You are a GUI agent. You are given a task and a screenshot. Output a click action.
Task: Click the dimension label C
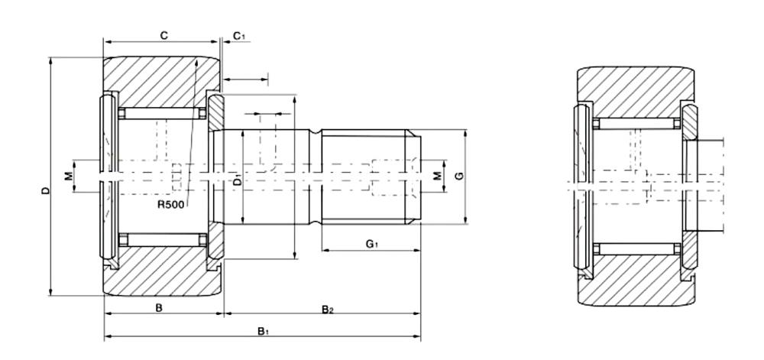(x=163, y=35)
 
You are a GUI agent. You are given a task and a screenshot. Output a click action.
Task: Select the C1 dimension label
(x=238, y=36)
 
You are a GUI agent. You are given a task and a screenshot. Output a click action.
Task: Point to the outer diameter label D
(x=45, y=190)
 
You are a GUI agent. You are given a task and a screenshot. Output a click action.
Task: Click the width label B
(x=159, y=307)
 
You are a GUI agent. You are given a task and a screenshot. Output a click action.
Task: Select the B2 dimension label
(x=327, y=309)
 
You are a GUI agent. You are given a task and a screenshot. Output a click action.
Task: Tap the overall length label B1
(x=262, y=331)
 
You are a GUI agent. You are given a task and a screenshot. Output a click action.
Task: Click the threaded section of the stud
(x=371, y=177)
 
